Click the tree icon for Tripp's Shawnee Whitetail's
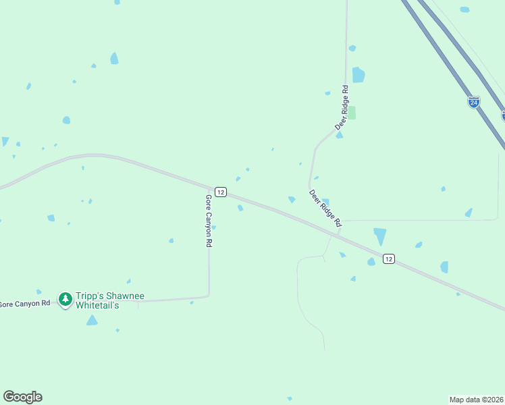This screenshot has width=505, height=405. [x=65, y=298]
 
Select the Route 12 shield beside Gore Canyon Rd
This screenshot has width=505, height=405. [x=221, y=192]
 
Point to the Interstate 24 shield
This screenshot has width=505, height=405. [x=474, y=102]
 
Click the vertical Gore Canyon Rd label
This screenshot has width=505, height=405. [x=209, y=221]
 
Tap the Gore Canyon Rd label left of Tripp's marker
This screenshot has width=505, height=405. [x=25, y=304]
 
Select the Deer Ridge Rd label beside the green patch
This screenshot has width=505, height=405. [x=344, y=107]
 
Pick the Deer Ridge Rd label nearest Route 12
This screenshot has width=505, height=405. [x=325, y=207]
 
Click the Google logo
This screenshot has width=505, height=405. [x=22, y=397]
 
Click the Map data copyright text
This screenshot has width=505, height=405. [x=476, y=399]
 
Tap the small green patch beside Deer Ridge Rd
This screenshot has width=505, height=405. [x=352, y=113]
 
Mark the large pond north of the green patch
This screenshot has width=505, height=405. [x=358, y=75]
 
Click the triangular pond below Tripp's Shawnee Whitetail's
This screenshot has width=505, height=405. [x=92, y=321]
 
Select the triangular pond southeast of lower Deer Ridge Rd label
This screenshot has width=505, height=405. [x=380, y=236]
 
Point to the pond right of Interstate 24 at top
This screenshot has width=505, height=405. [x=464, y=9]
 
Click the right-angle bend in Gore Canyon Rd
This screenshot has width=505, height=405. [x=208, y=295]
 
